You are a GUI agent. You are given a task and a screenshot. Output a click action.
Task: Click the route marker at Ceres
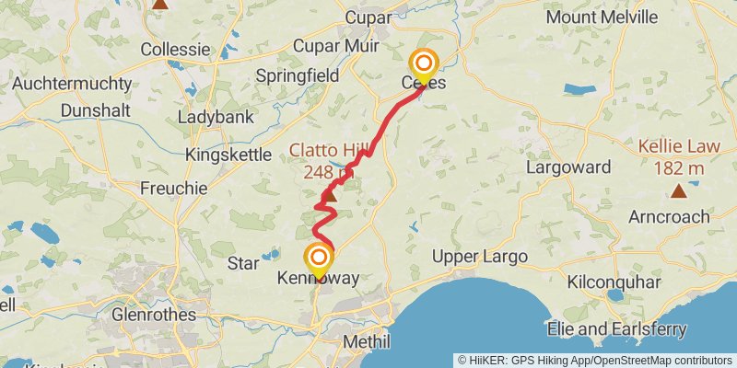point(424,63)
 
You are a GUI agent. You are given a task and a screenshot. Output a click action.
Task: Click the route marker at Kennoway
point(319,259)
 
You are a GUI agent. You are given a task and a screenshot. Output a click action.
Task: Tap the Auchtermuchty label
point(72,84)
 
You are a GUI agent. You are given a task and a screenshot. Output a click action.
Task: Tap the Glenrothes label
point(153,315)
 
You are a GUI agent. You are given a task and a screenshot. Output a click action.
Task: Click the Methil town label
point(367,341)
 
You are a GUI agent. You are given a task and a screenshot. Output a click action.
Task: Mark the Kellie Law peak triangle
point(679,191)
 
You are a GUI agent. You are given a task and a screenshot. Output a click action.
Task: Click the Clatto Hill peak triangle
point(329,194)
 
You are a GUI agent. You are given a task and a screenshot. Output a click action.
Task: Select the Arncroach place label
point(669,217)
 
